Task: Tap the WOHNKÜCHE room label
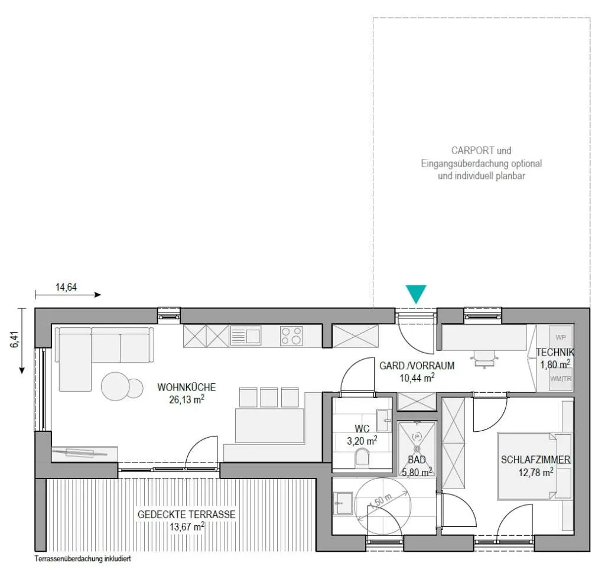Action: tap(187, 387)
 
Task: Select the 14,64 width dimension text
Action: tap(66, 287)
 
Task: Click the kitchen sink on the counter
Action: tap(245, 336)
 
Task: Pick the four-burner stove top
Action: tap(291, 336)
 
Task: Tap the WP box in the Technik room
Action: tap(561, 337)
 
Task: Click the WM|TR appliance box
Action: tap(561, 379)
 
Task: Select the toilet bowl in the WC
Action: tap(362, 457)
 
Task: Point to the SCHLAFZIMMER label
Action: tap(535, 460)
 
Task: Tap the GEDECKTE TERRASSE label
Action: tap(186, 515)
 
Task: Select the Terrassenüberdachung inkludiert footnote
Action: tap(83, 558)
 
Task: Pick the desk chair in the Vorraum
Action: tap(484, 359)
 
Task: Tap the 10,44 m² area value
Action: tap(417, 377)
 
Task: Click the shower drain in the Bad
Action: tap(417, 449)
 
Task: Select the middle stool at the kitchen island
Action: tap(269, 398)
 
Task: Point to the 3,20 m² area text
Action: tap(362, 440)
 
